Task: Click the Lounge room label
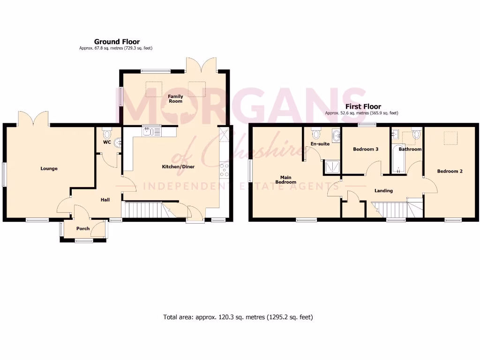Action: click(49, 169)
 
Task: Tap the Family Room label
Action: click(176, 98)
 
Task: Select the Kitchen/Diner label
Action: click(178, 166)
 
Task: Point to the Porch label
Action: click(83, 229)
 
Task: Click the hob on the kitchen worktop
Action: click(224, 169)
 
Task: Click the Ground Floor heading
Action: click(117, 42)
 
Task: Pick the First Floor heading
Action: click(363, 107)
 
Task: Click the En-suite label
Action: click(320, 144)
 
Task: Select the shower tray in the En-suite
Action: click(330, 166)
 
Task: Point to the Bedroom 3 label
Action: click(366, 149)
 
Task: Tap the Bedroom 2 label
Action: click(450, 171)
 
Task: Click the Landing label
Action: click(383, 191)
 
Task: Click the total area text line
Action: click(238, 317)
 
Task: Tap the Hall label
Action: click(105, 200)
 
